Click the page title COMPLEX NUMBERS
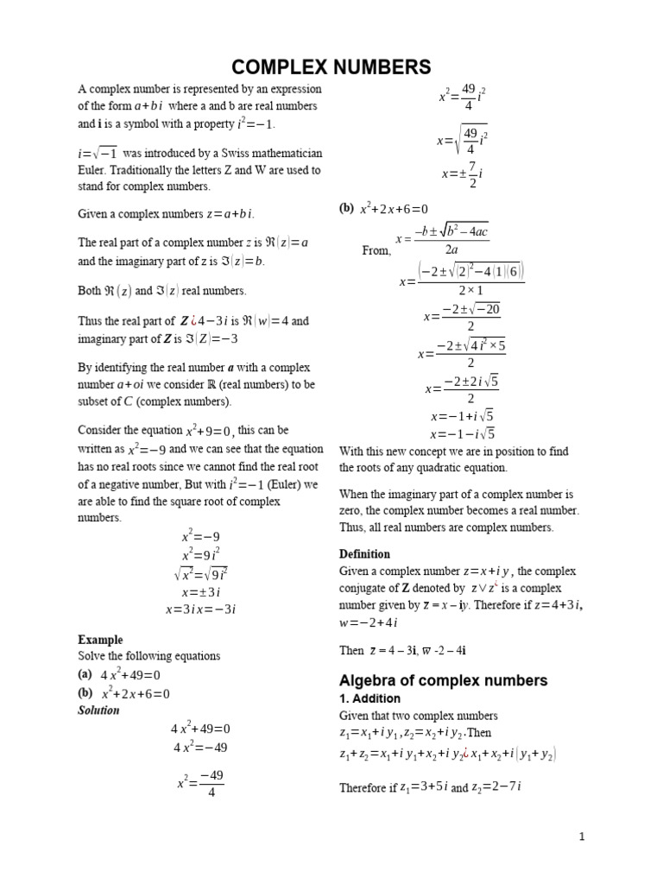pyautogui.click(x=332, y=66)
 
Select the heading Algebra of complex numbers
pyautogui.click(x=443, y=680)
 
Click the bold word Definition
pyautogui.click(x=363, y=553)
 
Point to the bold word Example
pyautogui.click(x=100, y=640)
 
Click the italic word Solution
pyautogui.click(x=98, y=710)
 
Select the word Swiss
pyautogui.click(x=218, y=153)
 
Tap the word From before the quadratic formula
pyautogui.click(x=376, y=251)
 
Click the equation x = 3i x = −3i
pyautogui.click(x=201, y=609)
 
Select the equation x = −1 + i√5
pyautogui.click(x=462, y=414)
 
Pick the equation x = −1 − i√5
pyautogui.click(x=462, y=433)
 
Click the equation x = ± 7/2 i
pyautogui.click(x=462, y=174)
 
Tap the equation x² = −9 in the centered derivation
pyautogui.click(x=201, y=536)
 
